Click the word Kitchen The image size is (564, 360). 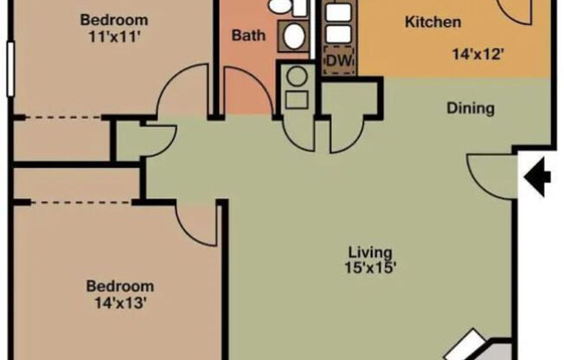tap(433, 22)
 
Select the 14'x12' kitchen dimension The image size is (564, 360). tap(478, 53)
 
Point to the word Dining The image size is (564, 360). tap(471, 108)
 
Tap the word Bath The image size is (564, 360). tap(247, 36)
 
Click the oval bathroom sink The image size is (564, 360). tap(294, 36)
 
